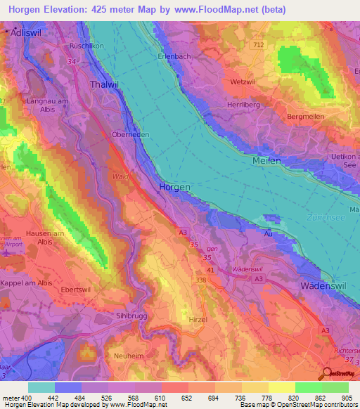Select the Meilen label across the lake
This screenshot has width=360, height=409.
pos(266,161)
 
